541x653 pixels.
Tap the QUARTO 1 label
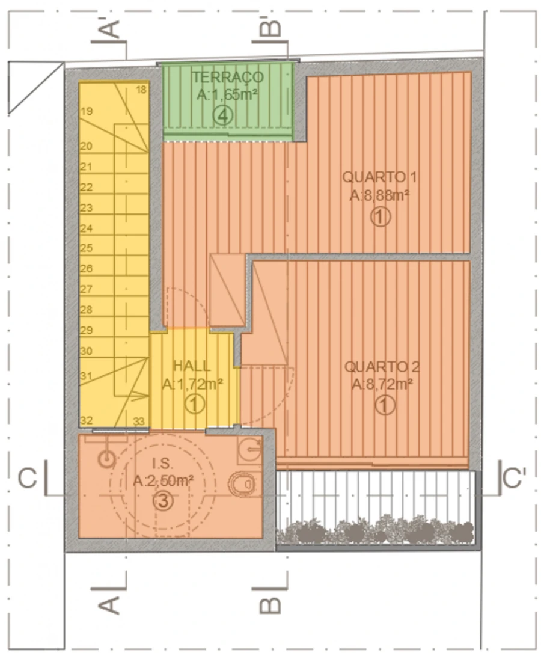point(379,177)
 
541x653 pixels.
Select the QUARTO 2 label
point(382,367)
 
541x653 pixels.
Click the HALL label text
point(192,366)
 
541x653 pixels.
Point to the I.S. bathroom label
point(163,464)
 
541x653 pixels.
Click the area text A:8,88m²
point(379,195)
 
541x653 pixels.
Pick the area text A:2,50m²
point(163,481)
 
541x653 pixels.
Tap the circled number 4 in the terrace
point(223,116)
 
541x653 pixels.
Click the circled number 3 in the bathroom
point(164,501)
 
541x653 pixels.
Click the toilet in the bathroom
point(242,484)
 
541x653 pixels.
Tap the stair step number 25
point(86,248)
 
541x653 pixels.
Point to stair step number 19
point(87,111)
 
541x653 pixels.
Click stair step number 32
point(86,420)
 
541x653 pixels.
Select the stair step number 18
point(141,89)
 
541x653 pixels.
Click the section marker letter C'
point(514,478)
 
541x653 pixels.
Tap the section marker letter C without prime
point(28,478)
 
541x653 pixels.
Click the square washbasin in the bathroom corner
point(250,449)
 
